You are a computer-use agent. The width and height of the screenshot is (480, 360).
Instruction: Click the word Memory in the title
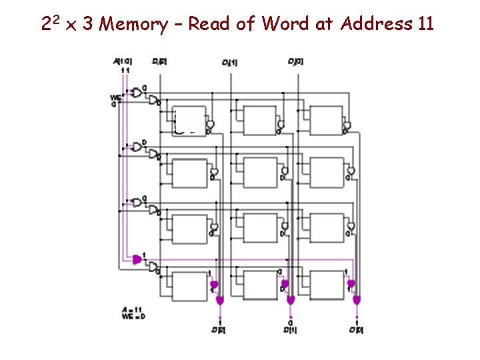tap(135, 25)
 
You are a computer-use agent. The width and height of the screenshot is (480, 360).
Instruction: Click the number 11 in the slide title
tap(425, 25)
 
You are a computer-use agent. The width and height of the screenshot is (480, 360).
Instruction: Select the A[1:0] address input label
tap(123, 62)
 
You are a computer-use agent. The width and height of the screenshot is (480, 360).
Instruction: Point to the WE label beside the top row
tap(115, 98)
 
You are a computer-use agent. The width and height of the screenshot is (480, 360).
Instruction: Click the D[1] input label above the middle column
tap(230, 63)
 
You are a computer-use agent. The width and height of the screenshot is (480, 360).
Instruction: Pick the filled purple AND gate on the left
tap(137, 259)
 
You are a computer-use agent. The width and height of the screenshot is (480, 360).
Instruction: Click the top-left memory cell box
tap(190, 120)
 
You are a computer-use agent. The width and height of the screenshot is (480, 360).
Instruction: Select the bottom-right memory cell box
tap(327, 285)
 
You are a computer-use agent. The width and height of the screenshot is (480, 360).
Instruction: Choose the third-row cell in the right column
tap(327, 229)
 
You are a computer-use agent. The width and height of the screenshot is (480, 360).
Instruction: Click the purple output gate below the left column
tap(219, 301)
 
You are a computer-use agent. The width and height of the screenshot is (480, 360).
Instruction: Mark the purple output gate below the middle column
tap(291, 301)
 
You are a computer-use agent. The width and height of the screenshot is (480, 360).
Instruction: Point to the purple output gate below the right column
tap(357, 301)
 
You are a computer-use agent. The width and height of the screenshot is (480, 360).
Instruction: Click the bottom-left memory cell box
tap(190, 285)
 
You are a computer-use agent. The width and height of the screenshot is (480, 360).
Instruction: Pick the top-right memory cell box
tap(327, 120)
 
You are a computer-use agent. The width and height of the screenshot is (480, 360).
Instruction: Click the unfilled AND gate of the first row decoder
tap(137, 92)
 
